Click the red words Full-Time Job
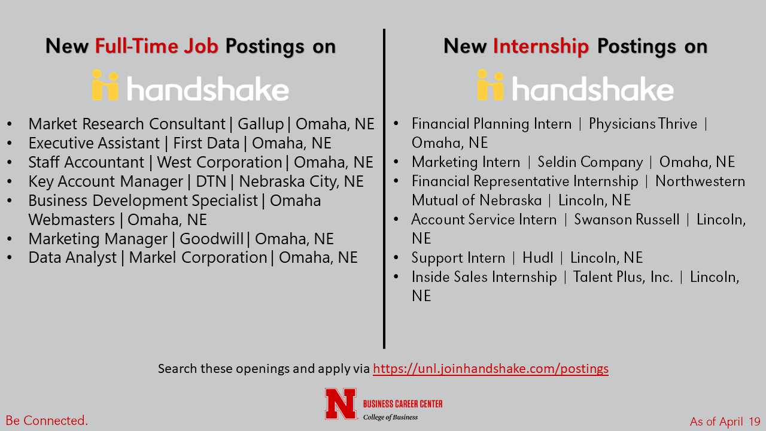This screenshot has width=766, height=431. click(x=157, y=46)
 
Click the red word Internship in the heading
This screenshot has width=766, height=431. click(x=540, y=47)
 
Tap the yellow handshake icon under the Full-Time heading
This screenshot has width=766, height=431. click(x=105, y=85)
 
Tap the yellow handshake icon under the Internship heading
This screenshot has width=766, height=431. click(x=490, y=85)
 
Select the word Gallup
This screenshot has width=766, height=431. click(x=261, y=124)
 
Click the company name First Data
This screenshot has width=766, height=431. click(x=206, y=143)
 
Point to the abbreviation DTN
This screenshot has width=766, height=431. click(x=211, y=181)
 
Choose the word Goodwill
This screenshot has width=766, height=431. click(x=211, y=239)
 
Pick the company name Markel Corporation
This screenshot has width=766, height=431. click(x=198, y=257)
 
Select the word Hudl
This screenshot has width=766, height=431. click(x=537, y=257)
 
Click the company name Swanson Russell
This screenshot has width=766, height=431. click(x=627, y=219)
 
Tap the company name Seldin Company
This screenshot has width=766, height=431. click(x=590, y=162)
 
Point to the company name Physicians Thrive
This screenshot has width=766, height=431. click(x=643, y=124)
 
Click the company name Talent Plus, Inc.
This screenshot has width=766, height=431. click(x=623, y=277)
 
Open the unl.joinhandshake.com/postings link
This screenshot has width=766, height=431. click(x=491, y=369)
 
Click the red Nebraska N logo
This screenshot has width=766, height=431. click(x=341, y=404)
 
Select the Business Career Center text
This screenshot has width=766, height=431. click(x=403, y=404)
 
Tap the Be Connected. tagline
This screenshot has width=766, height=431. click(x=47, y=420)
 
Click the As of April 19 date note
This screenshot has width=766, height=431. click(x=725, y=421)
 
